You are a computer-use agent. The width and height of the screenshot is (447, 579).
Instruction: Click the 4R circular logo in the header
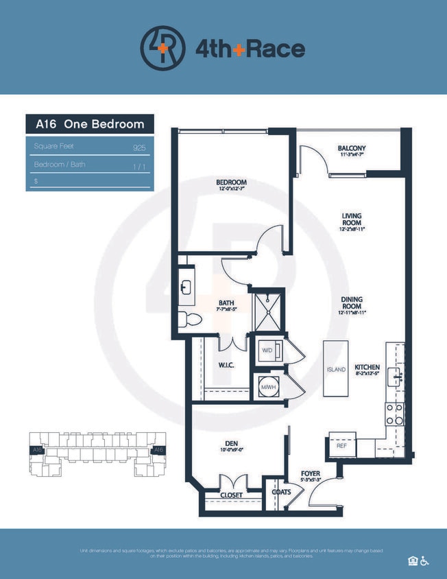[162, 48]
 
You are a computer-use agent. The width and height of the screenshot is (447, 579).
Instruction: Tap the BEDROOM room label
[231, 182]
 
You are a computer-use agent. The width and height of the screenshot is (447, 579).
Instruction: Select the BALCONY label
[352, 149]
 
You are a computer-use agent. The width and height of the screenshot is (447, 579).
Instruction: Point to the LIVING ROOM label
[352, 220]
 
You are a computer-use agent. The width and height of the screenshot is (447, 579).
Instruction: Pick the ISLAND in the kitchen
[336, 369]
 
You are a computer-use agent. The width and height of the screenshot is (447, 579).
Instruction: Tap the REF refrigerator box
[341, 445]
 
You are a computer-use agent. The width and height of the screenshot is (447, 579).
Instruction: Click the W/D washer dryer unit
[267, 349]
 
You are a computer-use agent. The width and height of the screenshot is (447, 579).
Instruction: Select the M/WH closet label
[267, 387]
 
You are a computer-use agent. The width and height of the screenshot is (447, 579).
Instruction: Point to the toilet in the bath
[189, 319]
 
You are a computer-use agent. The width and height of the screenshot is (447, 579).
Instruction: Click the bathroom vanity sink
[186, 285]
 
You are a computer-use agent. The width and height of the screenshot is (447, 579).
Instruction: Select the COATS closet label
[280, 492]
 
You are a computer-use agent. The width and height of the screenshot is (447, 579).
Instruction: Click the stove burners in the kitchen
[394, 414]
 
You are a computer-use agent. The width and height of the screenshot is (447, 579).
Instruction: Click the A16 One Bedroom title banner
[90, 124]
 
